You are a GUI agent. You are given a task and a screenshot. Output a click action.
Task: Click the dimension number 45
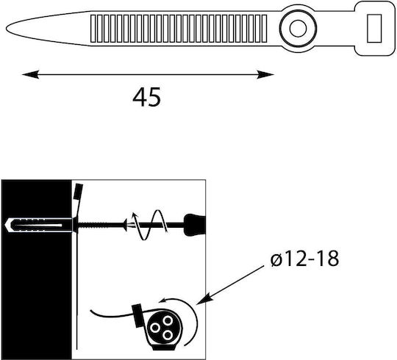146,97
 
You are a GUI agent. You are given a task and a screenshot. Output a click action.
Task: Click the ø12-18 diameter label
304,259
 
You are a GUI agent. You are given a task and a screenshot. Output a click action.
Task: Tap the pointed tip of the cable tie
7,29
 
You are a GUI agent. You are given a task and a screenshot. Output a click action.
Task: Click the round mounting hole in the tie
298,29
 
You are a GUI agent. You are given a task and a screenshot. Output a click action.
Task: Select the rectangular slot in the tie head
374,29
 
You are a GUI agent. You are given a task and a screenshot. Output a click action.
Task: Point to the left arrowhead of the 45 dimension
30,75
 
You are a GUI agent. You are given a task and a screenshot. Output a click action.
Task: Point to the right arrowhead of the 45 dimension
265,75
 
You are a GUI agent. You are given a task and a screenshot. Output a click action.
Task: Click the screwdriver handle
194,225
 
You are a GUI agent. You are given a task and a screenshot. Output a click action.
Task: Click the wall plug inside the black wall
39,225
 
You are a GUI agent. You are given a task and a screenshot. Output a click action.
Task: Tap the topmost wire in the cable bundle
168,321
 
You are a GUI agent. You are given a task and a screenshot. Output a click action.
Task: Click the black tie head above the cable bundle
137,316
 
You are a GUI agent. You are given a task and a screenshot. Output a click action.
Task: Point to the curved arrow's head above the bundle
162,300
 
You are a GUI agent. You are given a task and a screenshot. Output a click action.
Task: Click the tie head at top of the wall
78,192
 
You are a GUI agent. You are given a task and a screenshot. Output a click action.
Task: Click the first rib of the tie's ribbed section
93,29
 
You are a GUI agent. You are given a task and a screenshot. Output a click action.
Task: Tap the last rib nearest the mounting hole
264,29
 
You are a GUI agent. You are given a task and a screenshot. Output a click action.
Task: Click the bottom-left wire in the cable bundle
154,328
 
